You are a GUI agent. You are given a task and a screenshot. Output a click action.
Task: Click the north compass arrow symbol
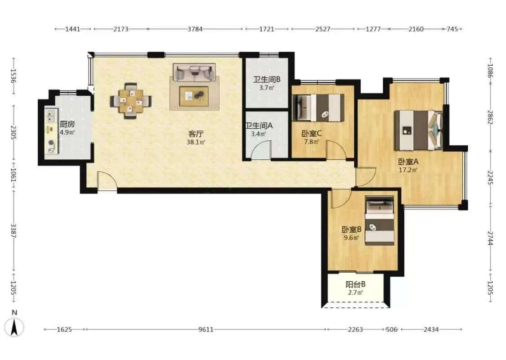click(x=14, y=327)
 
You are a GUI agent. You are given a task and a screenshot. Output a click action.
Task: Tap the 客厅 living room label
click(x=196, y=134)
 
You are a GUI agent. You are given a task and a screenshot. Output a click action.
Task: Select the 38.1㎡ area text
click(x=196, y=142)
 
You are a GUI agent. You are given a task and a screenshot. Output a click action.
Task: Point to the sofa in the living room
click(x=194, y=72)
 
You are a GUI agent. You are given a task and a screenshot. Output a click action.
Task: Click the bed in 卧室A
click(x=419, y=130)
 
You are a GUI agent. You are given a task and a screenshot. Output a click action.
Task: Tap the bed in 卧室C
click(x=318, y=108)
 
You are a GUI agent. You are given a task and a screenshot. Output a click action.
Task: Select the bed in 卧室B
click(x=380, y=221)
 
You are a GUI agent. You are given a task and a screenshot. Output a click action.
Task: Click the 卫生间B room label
click(x=267, y=80)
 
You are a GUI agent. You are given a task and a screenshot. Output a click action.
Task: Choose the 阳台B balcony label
click(x=355, y=284)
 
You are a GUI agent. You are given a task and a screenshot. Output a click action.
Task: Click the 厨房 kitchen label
click(x=67, y=124)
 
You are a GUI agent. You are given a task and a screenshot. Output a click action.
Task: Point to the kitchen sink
click(x=50, y=116)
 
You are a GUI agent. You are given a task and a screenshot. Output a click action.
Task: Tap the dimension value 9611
click(x=206, y=330)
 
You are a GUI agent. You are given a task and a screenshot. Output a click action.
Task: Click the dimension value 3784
click(x=195, y=29)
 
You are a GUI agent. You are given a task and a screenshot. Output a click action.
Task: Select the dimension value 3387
click(x=13, y=230)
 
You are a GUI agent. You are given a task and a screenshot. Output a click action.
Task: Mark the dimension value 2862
click(x=490, y=118)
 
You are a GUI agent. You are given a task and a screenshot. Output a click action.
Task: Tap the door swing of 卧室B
click(x=340, y=199)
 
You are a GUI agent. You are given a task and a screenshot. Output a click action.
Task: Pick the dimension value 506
click(x=391, y=330)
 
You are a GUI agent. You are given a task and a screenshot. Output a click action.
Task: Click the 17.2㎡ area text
click(x=408, y=170)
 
